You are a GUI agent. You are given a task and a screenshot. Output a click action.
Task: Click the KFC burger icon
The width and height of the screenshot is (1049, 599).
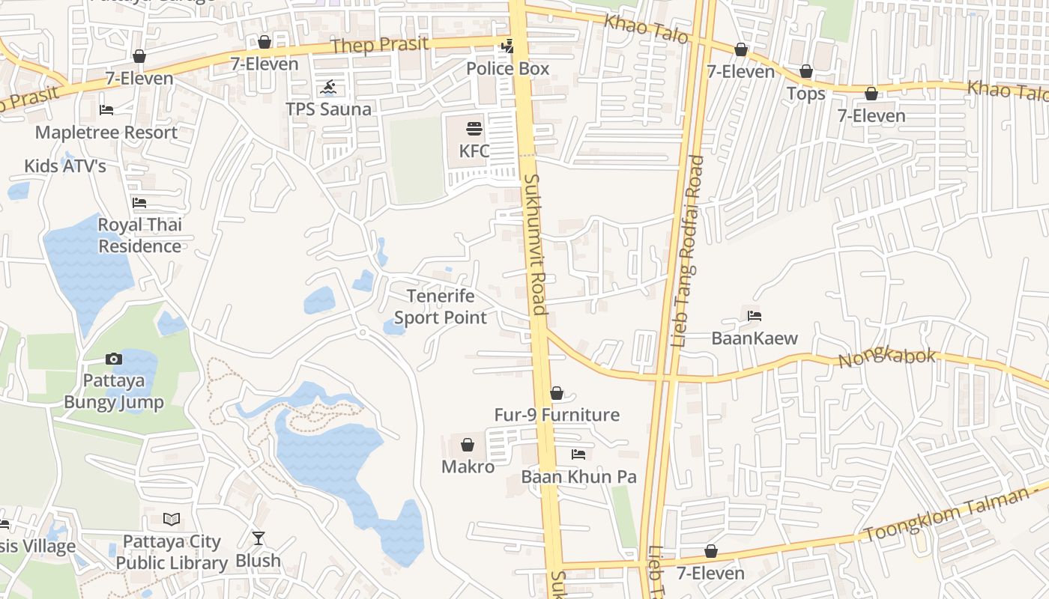point(474,128)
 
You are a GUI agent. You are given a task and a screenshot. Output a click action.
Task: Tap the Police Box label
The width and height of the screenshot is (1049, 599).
point(507,69)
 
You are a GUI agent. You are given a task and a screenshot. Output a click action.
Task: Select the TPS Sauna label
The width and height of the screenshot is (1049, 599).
point(328,109)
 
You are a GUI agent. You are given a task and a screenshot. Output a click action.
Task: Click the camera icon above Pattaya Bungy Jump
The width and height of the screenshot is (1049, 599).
point(114,359)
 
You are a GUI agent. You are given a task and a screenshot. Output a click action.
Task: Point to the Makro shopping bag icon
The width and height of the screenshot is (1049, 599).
point(468,445)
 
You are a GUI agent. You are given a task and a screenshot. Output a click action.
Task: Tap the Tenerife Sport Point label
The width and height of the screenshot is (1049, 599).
point(441,307)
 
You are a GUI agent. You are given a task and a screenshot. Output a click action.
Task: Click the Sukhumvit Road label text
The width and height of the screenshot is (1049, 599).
point(536,244)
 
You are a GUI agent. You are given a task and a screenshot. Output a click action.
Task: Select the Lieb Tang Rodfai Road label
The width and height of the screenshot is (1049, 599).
point(686,250)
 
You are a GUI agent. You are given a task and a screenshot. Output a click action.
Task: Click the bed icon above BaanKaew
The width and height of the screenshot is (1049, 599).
point(755,316)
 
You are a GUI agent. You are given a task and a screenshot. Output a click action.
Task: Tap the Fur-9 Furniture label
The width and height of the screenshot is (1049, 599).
point(557,415)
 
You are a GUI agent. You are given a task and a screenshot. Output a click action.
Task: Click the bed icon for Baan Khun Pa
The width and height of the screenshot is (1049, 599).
point(578,454)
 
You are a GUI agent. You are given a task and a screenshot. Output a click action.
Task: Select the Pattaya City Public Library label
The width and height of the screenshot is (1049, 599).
point(172,552)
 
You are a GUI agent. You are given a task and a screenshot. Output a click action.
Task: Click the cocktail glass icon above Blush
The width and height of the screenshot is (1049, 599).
point(259,538)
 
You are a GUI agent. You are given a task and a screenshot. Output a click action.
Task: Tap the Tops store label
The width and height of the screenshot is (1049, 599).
point(805,94)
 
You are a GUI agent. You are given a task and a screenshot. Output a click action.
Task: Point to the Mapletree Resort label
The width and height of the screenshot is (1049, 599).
point(106,133)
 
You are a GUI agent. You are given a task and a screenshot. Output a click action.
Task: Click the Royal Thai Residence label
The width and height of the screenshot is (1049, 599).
point(140,235)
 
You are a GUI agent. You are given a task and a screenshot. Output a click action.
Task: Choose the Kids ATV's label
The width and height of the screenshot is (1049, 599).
point(65,166)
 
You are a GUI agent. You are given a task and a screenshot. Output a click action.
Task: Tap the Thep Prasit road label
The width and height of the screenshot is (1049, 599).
point(380,45)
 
